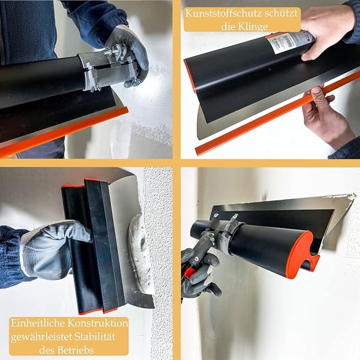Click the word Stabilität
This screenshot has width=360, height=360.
tap(98, 336)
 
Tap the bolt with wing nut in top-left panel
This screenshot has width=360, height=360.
tap(116, 53)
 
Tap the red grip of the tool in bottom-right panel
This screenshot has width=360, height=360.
tap(189, 273)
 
